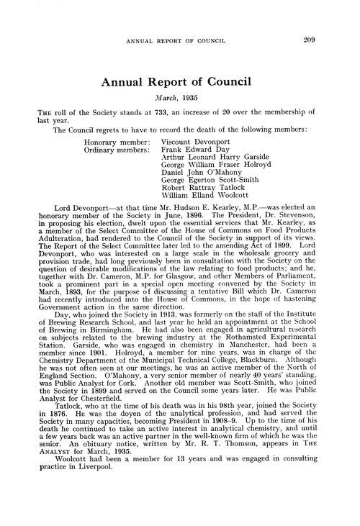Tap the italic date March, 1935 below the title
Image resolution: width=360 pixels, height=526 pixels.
click(179, 98)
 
